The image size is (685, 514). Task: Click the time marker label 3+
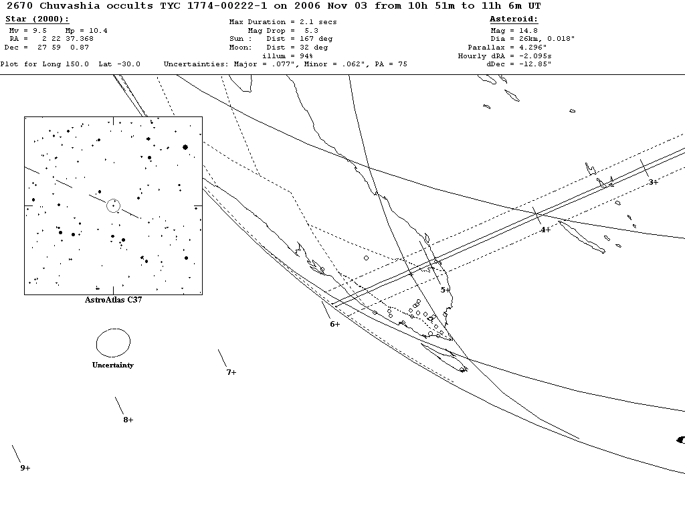(653, 182)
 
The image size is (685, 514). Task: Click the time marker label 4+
(545, 230)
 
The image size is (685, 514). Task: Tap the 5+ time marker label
(446, 290)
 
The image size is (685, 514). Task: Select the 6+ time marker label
(334, 324)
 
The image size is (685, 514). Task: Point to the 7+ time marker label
(231, 372)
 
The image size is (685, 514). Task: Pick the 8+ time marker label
(128, 420)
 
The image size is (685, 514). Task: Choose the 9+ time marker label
(25, 468)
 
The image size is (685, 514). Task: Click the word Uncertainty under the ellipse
(112, 365)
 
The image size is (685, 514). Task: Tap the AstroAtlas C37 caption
(113, 300)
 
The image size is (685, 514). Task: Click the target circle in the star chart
(113, 205)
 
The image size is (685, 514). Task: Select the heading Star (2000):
(37, 19)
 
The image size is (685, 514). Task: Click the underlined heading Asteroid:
(514, 19)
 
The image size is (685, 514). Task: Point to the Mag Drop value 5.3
(311, 31)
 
